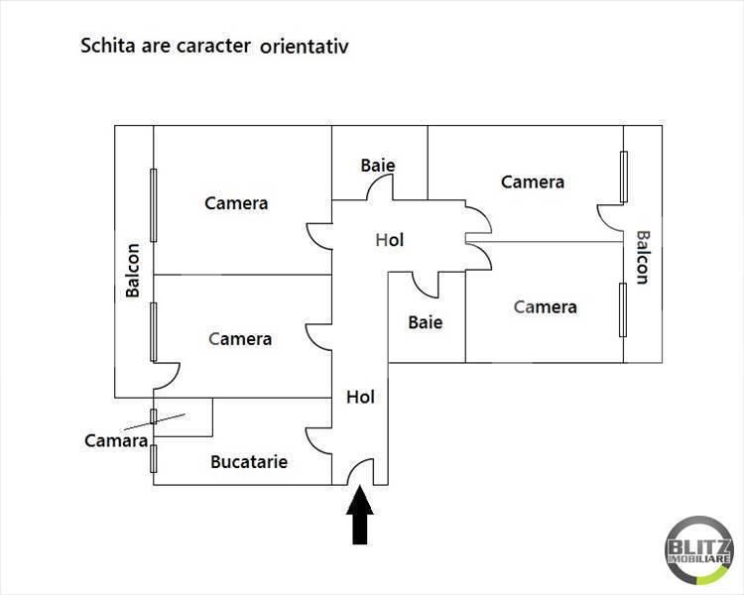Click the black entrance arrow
click(x=360, y=515)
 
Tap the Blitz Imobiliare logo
click(x=698, y=550)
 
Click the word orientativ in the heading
click(x=305, y=47)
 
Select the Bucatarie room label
click(x=249, y=462)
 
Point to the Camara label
click(x=116, y=440)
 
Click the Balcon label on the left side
click(x=133, y=271)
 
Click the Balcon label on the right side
click(x=643, y=258)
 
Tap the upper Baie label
click(x=378, y=166)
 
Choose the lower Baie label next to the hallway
click(x=426, y=322)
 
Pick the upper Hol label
click(x=390, y=240)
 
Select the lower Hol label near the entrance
click(x=361, y=397)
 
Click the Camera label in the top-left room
click(x=236, y=203)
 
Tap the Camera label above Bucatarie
click(x=240, y=339)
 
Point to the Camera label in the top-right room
click(x=533, y=182)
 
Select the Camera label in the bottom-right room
click(x=546, y=307)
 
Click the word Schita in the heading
click(x=108, y=46)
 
